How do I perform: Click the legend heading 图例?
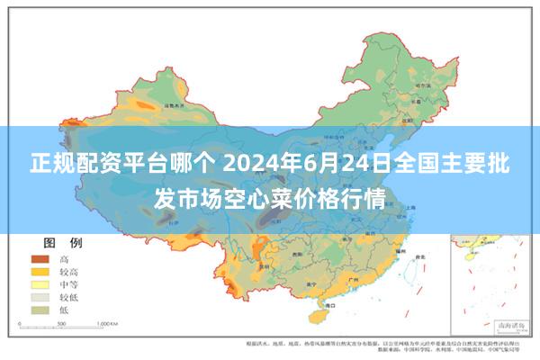point(62,243)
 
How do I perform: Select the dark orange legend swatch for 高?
point(41,258)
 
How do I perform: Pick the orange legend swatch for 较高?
point(41,271)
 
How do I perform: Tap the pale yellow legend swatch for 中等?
point(41,283)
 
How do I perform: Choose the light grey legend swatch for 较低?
point(41,296)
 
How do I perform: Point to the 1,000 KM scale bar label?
point(107,322)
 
